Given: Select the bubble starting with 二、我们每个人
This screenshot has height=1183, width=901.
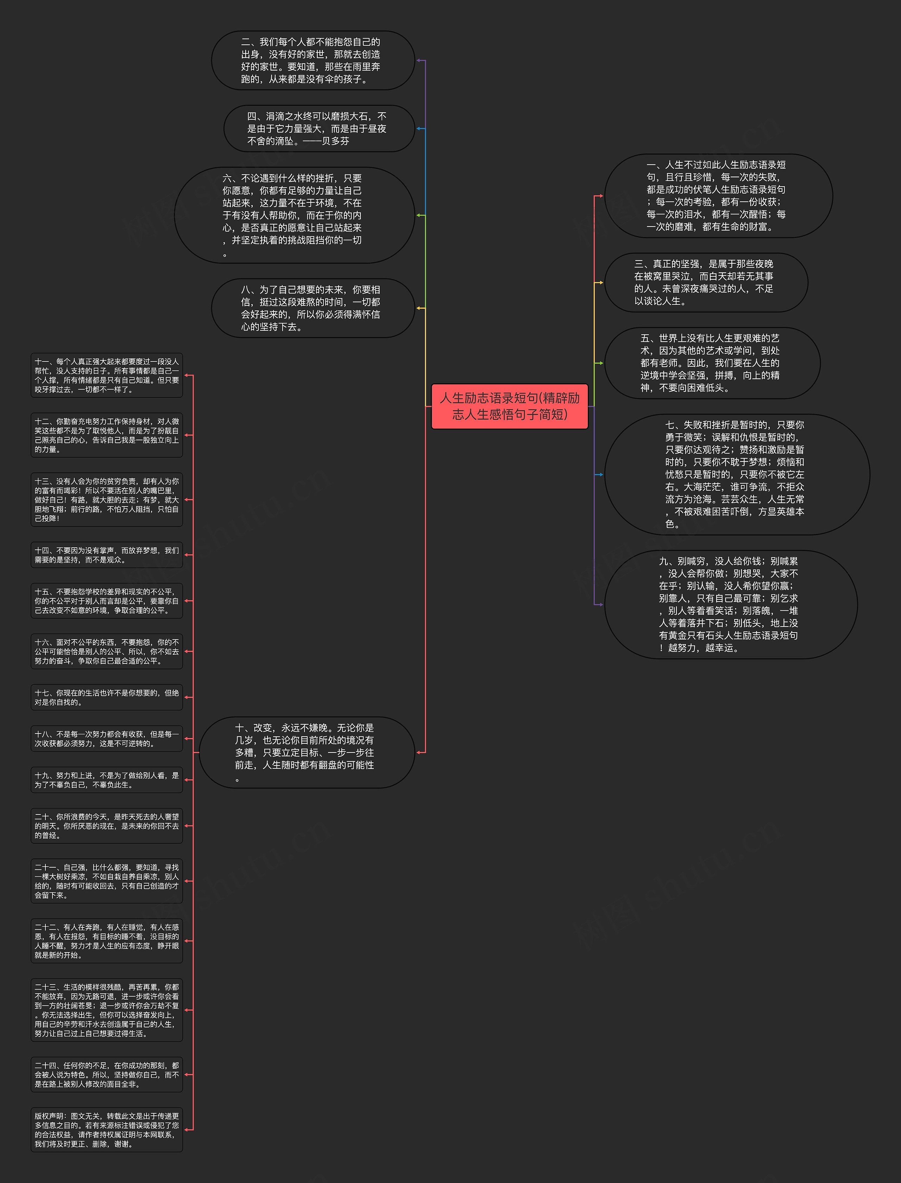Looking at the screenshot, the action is click(x=313, y=60).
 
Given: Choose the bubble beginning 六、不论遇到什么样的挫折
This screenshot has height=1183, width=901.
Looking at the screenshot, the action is click(x=295, y=215).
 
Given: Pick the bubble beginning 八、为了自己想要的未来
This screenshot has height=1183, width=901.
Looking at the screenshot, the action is click(x=313, y=308).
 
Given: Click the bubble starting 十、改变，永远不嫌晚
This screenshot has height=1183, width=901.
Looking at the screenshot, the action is click(x=307, y=753).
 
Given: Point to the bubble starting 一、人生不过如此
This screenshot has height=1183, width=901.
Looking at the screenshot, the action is click(x=718, y=196).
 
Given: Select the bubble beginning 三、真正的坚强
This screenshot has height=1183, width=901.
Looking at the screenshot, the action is click(x=706, y=283).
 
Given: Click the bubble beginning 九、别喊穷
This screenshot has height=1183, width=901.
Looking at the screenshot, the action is click(x=730, y=604).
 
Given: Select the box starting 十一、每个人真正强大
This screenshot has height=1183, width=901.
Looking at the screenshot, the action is click(x=107, y=376).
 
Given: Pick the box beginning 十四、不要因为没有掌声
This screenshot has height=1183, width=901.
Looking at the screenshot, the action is click(x=107, y=555).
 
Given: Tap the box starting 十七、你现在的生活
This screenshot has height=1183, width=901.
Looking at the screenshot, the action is click(x=107, y=697).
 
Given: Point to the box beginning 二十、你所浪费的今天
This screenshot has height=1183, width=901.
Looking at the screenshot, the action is click(x=107, y=826).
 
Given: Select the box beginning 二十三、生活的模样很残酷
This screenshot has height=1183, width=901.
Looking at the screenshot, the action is click(x=107, y=1010).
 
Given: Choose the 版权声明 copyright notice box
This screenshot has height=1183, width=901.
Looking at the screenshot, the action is click(x=107, y=1129).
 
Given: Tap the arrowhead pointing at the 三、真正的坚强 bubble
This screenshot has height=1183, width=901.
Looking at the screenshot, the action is click(x=601, y=283).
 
